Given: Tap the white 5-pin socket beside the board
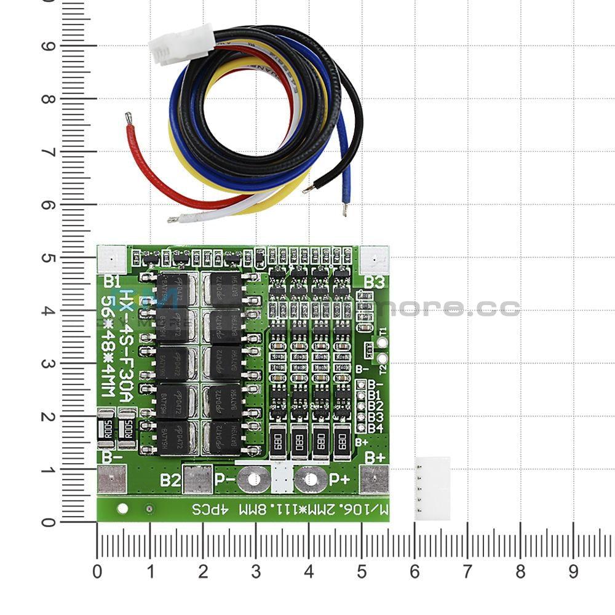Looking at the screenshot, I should (x=432, y=488).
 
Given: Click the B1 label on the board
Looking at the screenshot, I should (x=112, y=282).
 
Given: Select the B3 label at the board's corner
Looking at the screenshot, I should (x=375, y=282).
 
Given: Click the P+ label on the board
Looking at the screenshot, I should (x=339, y=479).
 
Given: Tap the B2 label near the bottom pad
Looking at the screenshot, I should (x=170, y=480).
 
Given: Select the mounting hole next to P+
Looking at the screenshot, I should (x=311, y=479).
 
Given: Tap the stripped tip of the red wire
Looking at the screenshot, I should (x=129, y=116).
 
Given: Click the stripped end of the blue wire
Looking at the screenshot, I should (x=344, y=210).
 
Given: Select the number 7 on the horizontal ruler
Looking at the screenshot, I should (x=467, y=572).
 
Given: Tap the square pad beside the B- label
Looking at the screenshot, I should (x=111, y=479).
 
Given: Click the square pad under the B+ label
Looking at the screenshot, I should (x=374, y=479).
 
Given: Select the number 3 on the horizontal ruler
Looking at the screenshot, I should (x=256, y=572).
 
